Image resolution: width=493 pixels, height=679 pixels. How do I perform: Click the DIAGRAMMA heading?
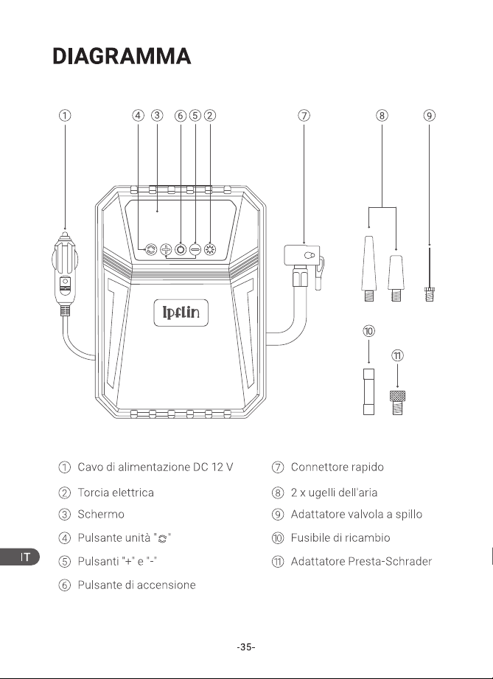click(x=122, y=56)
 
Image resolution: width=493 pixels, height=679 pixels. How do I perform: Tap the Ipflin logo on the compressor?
click(x=181, y=313)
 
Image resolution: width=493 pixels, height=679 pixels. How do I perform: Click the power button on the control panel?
click(x=181, y=249)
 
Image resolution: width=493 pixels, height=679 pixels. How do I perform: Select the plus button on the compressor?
click(x=166, y=249)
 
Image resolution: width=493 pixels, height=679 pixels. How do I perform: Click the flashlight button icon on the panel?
click(x=210, y=249)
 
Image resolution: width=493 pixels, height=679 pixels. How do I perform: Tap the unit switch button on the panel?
click(x=151, y=249)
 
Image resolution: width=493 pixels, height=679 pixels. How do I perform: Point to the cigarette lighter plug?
click(x=65, y=273)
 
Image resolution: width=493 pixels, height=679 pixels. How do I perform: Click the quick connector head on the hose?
click(x=304, y=265)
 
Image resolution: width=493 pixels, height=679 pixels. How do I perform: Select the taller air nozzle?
click(x=368, y=268)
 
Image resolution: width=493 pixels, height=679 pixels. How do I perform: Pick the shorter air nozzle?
click(x=396, y=278)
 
